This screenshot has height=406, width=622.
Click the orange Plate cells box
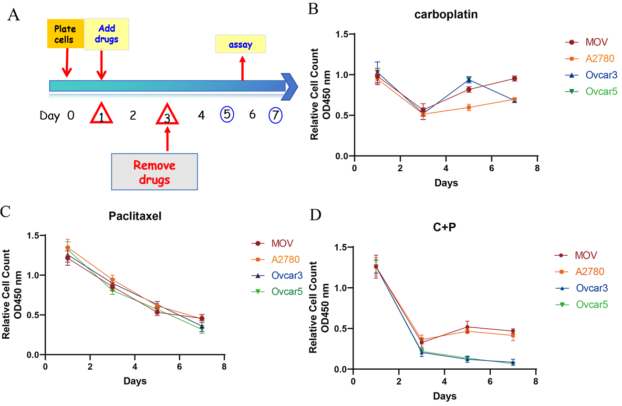65,33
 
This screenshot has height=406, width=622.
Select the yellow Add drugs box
106,34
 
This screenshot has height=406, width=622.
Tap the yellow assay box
240,44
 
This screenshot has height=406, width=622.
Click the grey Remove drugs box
155,172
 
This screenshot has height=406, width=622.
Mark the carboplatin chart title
446,14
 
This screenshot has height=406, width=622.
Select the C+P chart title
445,228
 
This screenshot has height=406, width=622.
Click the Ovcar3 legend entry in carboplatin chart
591,74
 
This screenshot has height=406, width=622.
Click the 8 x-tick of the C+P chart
536,382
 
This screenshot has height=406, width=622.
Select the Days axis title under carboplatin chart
446,183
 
